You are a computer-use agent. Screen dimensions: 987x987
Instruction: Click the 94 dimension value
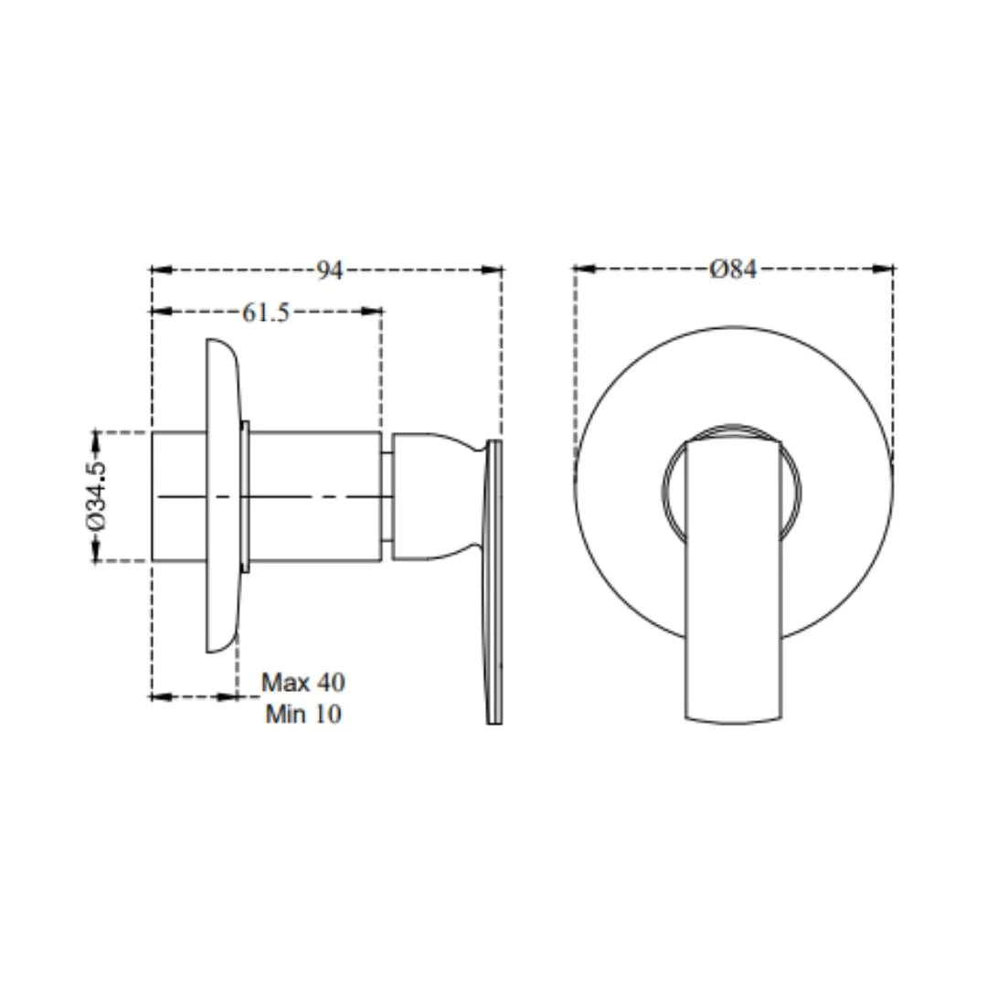[x=329, y=271]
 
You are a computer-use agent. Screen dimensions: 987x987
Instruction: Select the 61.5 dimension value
[x=266, y=313]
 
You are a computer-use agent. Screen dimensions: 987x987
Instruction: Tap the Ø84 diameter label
[x=733, y=270]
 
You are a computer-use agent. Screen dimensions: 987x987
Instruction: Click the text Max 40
[x=303, y=683]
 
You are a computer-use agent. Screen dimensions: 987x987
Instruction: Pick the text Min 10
[x=303, y=715]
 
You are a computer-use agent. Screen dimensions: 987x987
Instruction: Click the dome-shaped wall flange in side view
[x=222, y=496]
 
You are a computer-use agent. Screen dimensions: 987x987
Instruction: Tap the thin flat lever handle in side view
[x=494, y=585]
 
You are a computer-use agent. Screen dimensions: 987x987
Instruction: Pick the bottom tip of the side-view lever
[x=494, y=720]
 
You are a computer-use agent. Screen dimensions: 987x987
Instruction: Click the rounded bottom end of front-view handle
[x=733, y=715]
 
